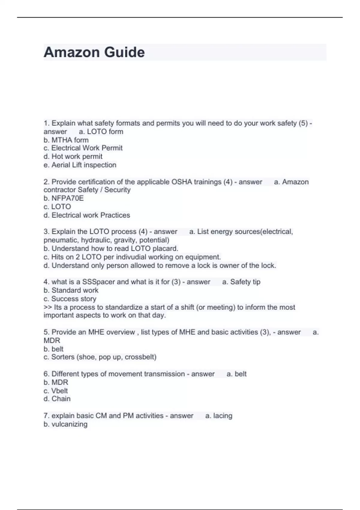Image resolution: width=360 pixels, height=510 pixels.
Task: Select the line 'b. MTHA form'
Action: (66, 140)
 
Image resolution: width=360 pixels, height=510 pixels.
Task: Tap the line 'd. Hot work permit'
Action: (73, 157)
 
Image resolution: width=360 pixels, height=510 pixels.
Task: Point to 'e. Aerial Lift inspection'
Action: (80, 165)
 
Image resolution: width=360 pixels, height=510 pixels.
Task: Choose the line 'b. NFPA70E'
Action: (64, 198)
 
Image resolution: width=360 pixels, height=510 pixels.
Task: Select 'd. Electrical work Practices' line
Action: (87, 215)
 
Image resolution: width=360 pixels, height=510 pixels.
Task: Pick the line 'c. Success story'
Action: (70, 299)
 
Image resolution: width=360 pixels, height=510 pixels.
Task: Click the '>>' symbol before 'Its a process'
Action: (47, 307)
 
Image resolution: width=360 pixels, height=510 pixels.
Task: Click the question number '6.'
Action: (46, 374)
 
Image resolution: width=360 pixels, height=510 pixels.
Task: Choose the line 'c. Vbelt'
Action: (56, 391)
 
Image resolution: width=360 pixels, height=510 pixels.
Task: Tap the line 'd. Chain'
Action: (57, 399)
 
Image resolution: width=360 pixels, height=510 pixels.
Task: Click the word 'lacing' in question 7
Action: (223, 416)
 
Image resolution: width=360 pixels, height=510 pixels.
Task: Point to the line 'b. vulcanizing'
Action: (65, 424)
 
